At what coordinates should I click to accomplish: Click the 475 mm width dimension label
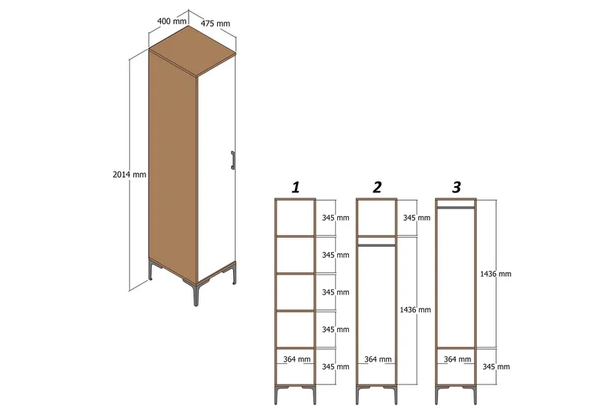(x=216, y=24)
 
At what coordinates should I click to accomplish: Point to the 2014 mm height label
(x=129, y=175)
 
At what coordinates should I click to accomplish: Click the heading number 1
(x=296, y=187)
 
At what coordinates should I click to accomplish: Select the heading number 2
(x=377, y=187)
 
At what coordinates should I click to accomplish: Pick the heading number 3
(x=457, y=187)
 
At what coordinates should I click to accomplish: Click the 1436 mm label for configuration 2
(x=416, y=309)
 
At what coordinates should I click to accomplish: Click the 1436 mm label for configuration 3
(x=495, y=274)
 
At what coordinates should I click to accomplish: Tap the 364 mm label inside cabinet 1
(x=296, y=359)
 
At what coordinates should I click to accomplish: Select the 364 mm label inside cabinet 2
(x=377, y=359)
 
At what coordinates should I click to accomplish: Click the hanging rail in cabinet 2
(x=376, y=245)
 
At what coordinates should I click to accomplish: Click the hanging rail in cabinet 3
(x=456, y=208)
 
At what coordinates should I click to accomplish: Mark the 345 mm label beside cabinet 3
(x=494, y=366)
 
